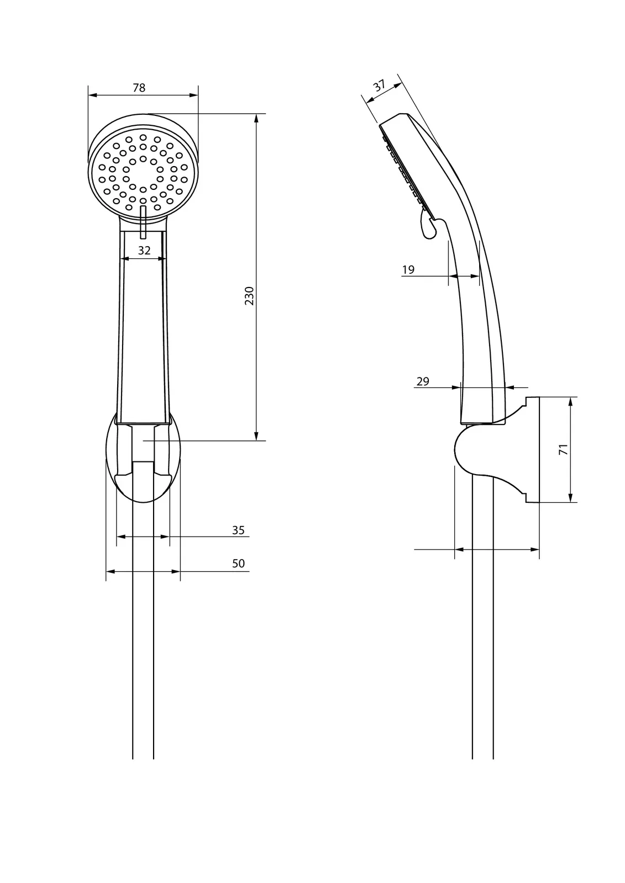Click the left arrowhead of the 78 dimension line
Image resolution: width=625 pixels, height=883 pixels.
(x=92, y=94)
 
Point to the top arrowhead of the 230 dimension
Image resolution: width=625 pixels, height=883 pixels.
(x=256, y=118)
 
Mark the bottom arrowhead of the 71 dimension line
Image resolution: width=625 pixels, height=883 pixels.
(x=570, y=498)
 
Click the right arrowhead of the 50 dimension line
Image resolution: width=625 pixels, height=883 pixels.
(x=176, y=571)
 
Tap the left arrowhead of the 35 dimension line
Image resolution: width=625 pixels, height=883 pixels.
(x=121, y=536)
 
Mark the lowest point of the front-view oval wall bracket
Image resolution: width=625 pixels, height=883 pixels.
(x=143, y=503)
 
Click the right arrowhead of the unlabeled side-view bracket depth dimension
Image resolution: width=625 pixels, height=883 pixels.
(x=534, y=550)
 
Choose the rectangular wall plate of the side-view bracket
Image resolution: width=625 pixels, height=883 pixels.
(x=532, y=450)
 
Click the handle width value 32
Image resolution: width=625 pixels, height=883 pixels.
(x=144, y=251)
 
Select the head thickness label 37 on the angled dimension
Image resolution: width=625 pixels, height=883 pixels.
(x=379, y=86)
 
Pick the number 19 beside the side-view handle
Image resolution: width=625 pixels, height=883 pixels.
(x=408, y=270)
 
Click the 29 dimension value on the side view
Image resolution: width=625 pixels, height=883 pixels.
(x=422, y=381)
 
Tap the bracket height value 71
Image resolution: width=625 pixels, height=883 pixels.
(x=564, y=449)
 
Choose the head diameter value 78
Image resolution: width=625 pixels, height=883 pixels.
(x=139, y=88)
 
